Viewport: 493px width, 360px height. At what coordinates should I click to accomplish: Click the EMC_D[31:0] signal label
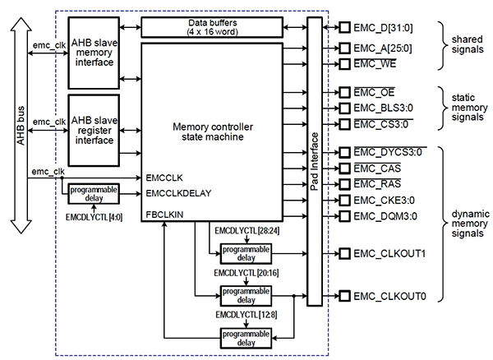coord(383,28)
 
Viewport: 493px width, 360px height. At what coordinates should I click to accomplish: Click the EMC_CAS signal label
coord(375,168)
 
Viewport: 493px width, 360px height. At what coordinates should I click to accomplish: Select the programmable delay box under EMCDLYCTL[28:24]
coord(244,253)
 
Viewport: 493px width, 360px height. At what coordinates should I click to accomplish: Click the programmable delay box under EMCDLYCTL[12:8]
coord(244,336)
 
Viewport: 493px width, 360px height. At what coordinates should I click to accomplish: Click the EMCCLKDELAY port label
coord(178,194)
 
